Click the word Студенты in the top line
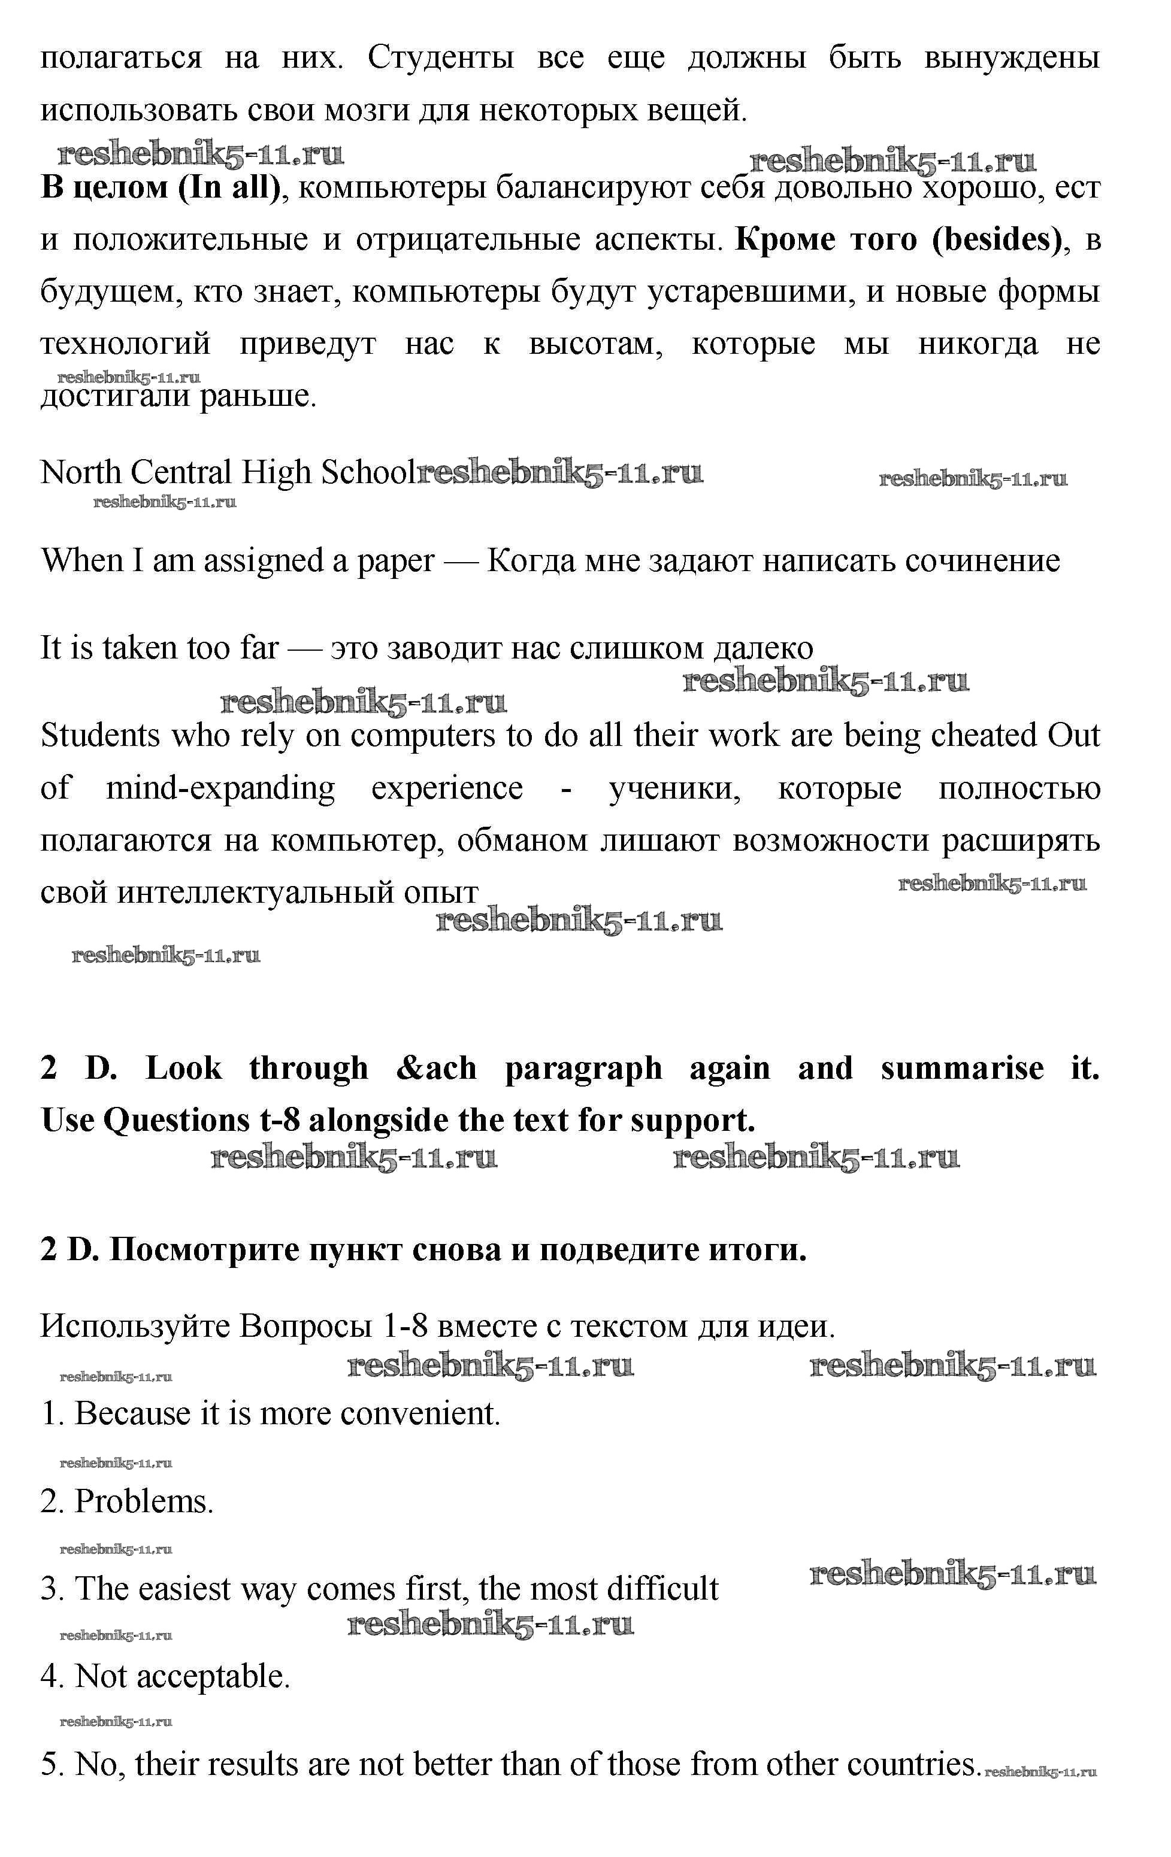[440, 58]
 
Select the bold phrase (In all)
[229, 187]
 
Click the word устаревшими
[748, 292]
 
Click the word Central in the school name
[180, 472]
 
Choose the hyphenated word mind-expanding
[220, 788]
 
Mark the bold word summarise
[962, 1069]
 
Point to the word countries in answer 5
[913, 1764]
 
